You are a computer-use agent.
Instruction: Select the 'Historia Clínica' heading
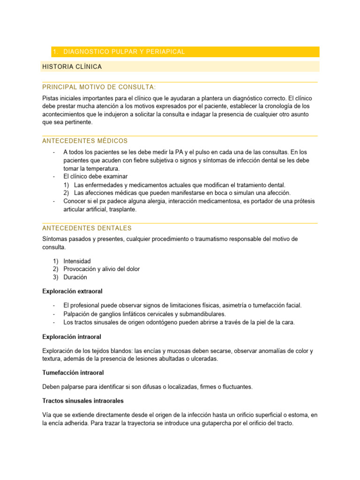(72, 67)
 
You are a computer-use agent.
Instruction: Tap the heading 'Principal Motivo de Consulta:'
(99, 87)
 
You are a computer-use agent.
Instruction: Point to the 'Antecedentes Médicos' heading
(85, 141)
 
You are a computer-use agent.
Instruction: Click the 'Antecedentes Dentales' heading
(87, 228)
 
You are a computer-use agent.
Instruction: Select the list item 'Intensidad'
(77, 261)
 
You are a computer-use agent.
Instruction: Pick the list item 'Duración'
(75, 277)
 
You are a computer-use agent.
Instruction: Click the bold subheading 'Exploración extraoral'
(72, 291)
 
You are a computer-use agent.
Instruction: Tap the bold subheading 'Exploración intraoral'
(71, 337)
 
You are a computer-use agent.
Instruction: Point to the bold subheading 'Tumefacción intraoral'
(73, 373)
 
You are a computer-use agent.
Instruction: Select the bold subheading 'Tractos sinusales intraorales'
(83, 401)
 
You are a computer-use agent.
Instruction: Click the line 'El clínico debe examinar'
(96, 177)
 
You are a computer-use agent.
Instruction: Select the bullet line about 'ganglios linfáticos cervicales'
(144, 314)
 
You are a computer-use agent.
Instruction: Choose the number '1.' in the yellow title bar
(56, 52)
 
